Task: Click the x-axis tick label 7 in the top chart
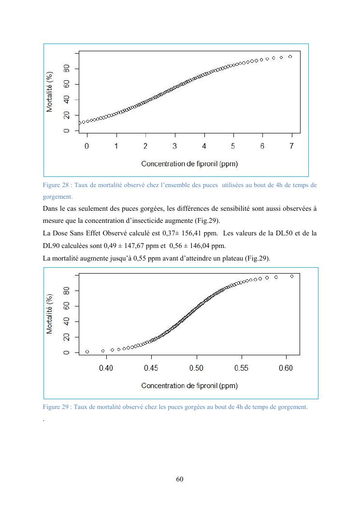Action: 291,146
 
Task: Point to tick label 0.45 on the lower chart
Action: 151,368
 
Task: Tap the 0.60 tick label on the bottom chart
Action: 286,368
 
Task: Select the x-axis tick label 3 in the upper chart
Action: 174,146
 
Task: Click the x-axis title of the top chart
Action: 189,164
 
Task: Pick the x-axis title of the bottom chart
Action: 189,386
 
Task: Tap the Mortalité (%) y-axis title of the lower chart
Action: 50,314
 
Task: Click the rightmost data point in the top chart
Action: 290,57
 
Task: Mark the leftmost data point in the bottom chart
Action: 87,351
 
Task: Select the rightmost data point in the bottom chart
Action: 292,276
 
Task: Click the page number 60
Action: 180,480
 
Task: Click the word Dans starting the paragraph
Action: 50,209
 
